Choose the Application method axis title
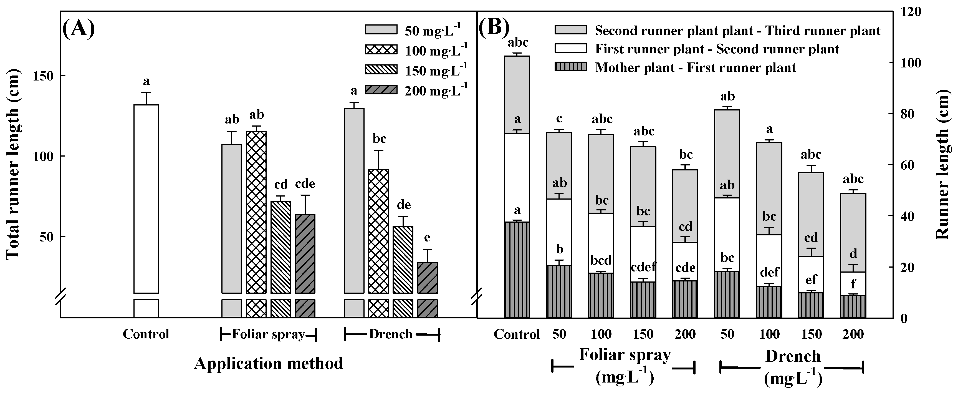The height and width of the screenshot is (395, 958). (268, 363)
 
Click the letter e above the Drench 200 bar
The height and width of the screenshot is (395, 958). (427, 237)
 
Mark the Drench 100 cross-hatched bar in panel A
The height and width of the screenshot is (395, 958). (378, 231)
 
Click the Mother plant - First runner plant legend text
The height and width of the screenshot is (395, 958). (695, 68)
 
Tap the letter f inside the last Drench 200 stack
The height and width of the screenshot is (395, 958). (853, 285)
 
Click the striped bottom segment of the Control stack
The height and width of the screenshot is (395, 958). (517, 270)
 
